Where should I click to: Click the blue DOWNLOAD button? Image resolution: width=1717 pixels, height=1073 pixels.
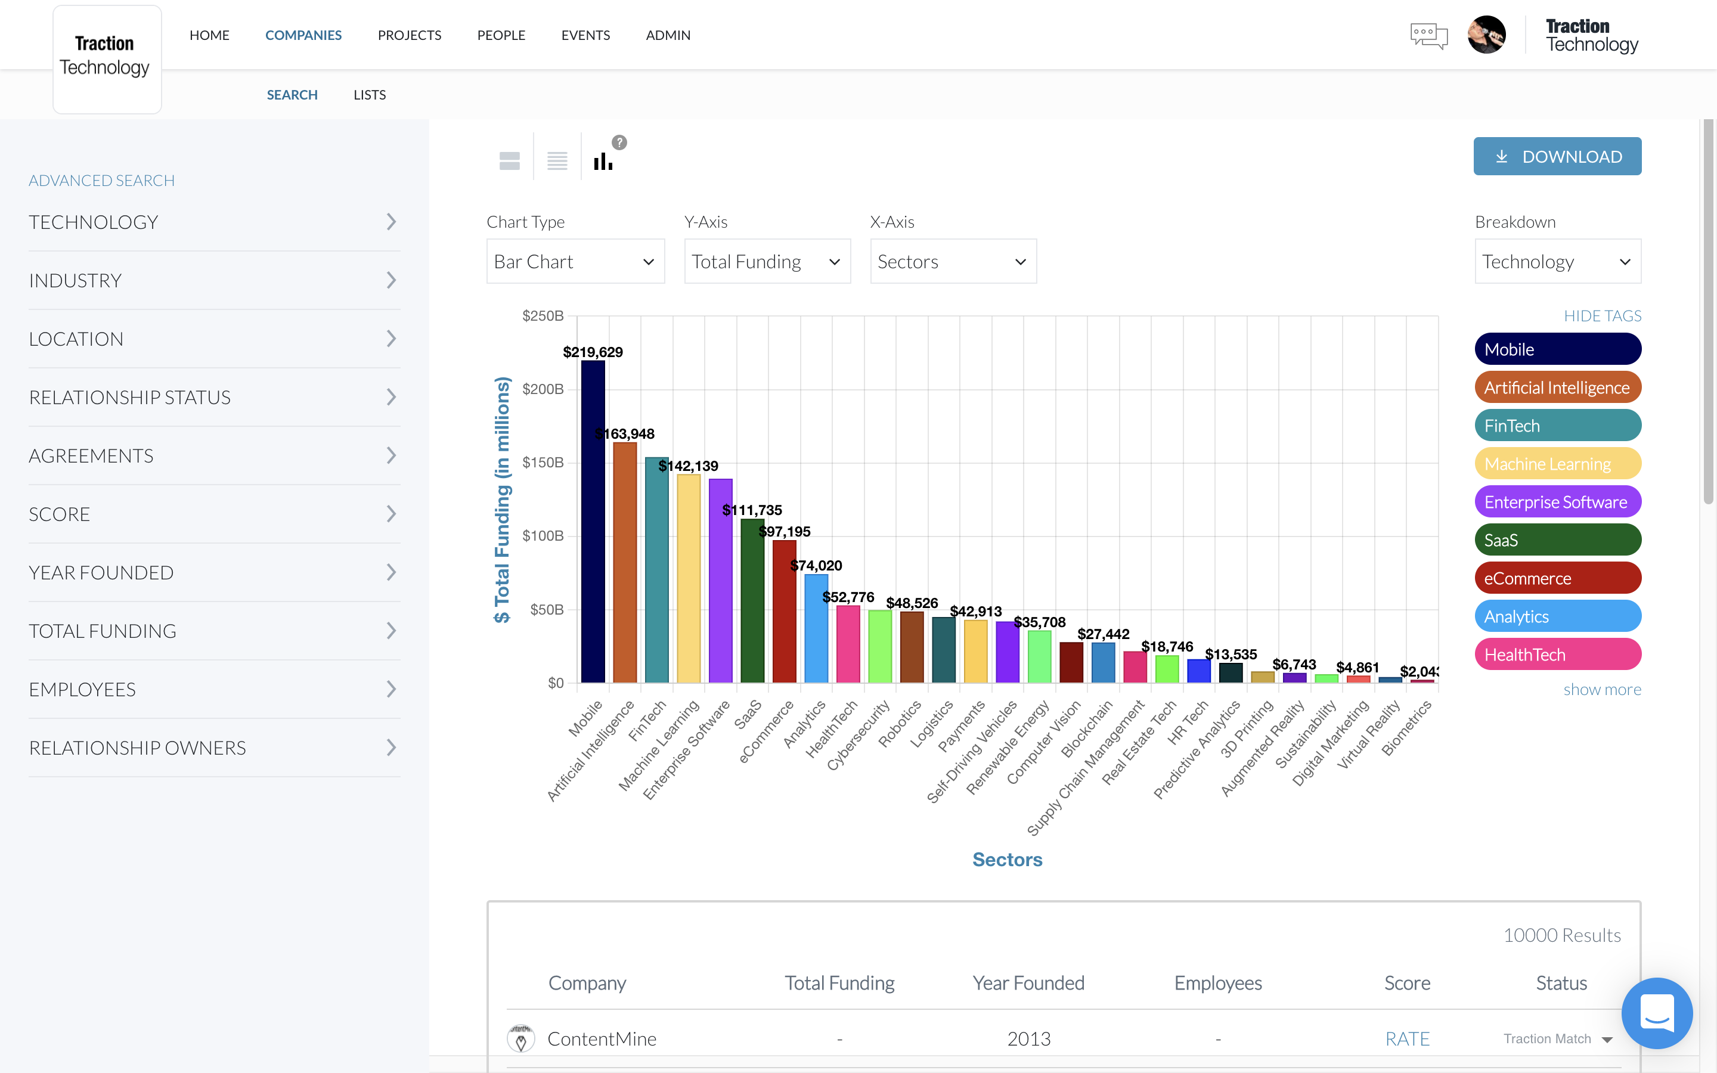point(1557,156)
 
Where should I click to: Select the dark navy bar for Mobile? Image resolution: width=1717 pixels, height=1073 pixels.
point(593,525)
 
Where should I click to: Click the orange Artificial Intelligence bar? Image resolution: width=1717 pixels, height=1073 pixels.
point(624,567)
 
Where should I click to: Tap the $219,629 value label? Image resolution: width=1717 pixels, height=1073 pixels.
point(593,352)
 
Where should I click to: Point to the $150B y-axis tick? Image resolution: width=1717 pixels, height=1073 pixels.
point(543,463)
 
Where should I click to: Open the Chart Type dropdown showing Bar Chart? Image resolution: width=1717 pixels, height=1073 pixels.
point(575,262)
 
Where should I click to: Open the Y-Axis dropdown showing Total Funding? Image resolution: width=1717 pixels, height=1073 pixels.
point(766,262)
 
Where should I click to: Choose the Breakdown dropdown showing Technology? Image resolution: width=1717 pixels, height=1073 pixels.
point(1557,262)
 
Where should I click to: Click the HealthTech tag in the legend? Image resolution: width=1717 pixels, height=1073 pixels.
point(1557,655)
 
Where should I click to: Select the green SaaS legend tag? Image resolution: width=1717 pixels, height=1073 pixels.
point(1557,540)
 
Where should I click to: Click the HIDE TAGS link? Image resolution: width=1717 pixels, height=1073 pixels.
point(1602,316)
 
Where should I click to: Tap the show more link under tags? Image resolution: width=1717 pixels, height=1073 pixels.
point(1601,689)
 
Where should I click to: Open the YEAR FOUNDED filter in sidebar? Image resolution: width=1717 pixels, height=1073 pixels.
point(213,573)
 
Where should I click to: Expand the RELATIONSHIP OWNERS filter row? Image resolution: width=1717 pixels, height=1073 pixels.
point(213,748)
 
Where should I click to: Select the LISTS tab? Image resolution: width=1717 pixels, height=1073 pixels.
point(370,94)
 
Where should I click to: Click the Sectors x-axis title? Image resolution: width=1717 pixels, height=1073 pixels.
point(1007,860)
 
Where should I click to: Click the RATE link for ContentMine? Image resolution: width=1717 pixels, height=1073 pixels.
point(1407,1039)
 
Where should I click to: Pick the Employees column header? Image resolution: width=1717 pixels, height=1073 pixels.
point(1217,983)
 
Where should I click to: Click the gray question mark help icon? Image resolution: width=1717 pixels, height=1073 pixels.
point(619,142)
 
